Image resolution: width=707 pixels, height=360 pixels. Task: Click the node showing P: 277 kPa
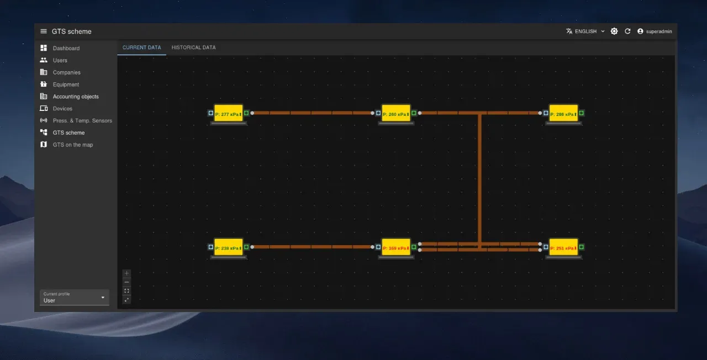pyautogui.click(x=228, y=113)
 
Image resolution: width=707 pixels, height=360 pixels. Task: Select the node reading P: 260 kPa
pyautogui.click(x=395, y=113)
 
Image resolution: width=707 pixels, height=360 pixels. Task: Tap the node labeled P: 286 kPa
pyautogui.click(x=563, y=113)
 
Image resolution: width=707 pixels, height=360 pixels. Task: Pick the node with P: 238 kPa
pyautogui.click(x=228, y=247)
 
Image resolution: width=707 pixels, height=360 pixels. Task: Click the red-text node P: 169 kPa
pyautogui.click(x=395, y=247)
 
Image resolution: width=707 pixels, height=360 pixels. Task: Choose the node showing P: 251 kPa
pyautogui.click(x=563, y=247)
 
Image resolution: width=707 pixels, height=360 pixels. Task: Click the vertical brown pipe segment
pyautogui.click(x=479, y=177)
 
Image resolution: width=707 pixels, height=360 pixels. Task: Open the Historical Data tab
pyautogui.click(x=193, y=47)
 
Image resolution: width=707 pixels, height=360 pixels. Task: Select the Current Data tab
pyautogui.click(x=142, y=47)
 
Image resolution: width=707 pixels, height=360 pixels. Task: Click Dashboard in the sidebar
pyautogui.click(x=66, y=49)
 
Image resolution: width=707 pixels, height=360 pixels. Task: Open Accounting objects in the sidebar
pyautogui.click(x=76, y=97)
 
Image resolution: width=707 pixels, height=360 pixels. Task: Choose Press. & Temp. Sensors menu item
pyautogui.click(x=82, y=121)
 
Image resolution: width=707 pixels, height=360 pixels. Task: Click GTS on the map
pyautogui.click(x=73, y=145)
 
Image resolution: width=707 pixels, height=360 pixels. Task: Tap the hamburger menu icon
pyautogui.click(x=44, y=31)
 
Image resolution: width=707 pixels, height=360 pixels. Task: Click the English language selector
pyautogui.click(x=585, y=31)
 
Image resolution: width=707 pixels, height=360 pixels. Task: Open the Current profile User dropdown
pyautogui.click(x=75, y=298)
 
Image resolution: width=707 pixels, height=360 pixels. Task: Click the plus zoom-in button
pyautogui.click(x=126, y=273)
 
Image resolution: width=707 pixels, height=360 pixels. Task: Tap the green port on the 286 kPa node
pyautogui.click(x=581, y=113)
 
